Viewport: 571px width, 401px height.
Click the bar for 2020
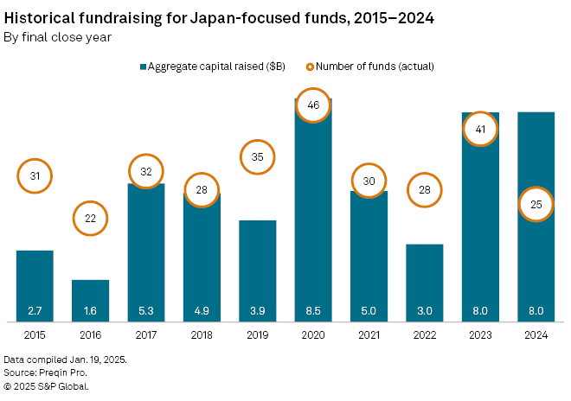pyautogui.click(x=313, y=216)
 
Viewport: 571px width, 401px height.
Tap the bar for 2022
pyautogui.click(x=424, y=282)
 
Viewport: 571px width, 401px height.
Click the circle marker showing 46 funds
pyautogui.click(x=313, y=105)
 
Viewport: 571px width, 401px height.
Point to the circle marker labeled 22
pyautogui.click(x=91, y=219)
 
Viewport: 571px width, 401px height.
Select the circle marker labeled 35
pyautogui.click(x=258, y=157)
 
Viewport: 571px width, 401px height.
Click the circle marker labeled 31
pyautogui.click(x=35, y=176)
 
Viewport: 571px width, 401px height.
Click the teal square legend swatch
pyautogui.click(x=143, y=67)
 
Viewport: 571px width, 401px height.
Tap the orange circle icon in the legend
pyautogui.click(x=310, y=67)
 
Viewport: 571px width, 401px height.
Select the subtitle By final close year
pyautogui.click(x=57, y=36)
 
